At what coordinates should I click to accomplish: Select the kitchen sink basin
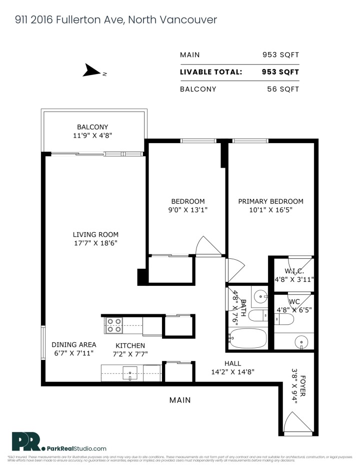point(131,372)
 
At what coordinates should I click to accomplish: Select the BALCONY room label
point(92,127)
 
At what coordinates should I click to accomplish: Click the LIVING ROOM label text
point(95,234)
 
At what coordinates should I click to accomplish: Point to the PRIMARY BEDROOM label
point(270,201)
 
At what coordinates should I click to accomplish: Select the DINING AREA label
point(74,345)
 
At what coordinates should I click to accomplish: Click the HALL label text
point(232,363)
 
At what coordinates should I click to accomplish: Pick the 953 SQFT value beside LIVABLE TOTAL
point(280,72)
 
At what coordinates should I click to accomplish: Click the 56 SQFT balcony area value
point(283,89)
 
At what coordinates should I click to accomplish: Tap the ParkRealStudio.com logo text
point(76,448)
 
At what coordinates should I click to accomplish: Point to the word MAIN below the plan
point(180,400)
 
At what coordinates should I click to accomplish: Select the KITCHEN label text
point(130,345)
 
